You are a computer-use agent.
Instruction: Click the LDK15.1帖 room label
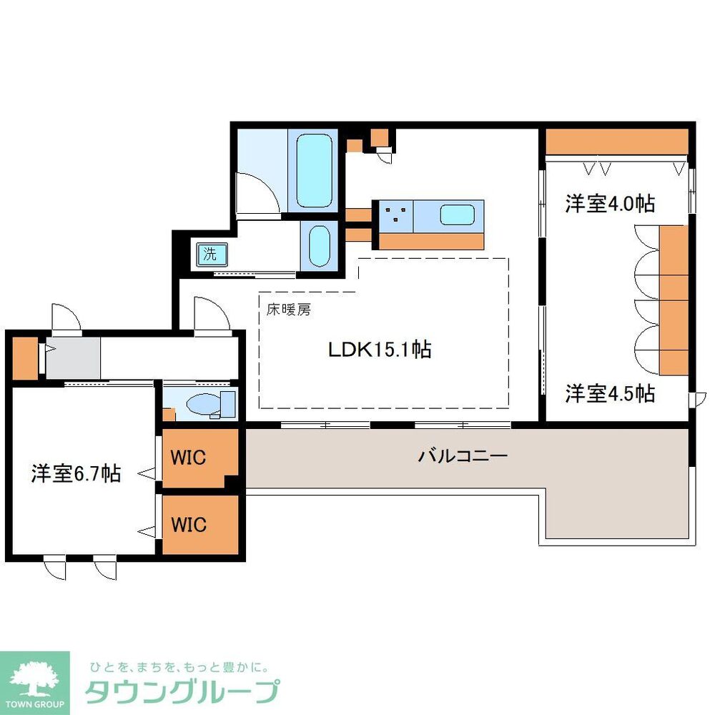coord(379,350)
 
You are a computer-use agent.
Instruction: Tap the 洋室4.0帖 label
coord(610,204)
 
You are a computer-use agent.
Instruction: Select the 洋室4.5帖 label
coord(610,393)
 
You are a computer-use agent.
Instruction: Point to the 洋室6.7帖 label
coord(75,473)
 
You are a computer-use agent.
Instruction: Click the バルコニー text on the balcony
coord(463,455)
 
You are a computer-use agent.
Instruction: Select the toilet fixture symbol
coord(207,405)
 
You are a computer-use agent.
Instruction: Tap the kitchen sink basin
coord(458,214)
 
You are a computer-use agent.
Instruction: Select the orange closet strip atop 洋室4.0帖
coord(616,142)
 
